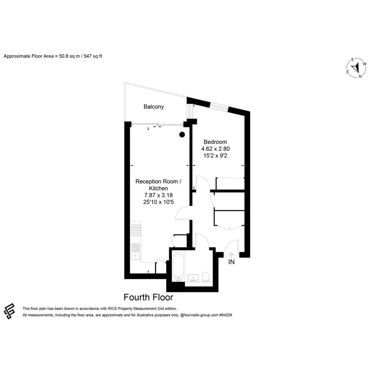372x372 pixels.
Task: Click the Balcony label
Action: [154, 107]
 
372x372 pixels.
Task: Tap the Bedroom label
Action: [215, 142]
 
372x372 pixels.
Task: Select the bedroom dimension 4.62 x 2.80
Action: [215, 149]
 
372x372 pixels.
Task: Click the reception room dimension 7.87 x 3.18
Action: [159, 195]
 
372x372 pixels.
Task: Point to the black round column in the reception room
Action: [182, 135]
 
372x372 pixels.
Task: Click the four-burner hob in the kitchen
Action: [136, 230]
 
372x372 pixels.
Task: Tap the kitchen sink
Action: [136, 252]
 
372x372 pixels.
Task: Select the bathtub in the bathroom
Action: [178, 266]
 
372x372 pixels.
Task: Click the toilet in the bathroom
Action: [205, 277]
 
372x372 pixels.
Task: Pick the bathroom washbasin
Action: [193, 278]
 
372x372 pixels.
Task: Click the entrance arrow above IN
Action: [231, 255]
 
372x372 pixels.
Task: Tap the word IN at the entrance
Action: [231, 262]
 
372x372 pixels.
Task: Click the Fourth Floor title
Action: [148, 297]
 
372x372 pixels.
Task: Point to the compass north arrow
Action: [355, 68]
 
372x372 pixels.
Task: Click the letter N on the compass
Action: [360, 76]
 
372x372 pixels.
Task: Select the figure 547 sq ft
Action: [93, 56]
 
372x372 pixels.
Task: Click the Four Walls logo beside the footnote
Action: [9, 311]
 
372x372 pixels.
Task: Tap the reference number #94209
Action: [226, 315]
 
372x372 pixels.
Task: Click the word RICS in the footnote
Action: [111, 309]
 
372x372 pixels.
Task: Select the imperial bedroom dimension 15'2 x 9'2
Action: [215, 155]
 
